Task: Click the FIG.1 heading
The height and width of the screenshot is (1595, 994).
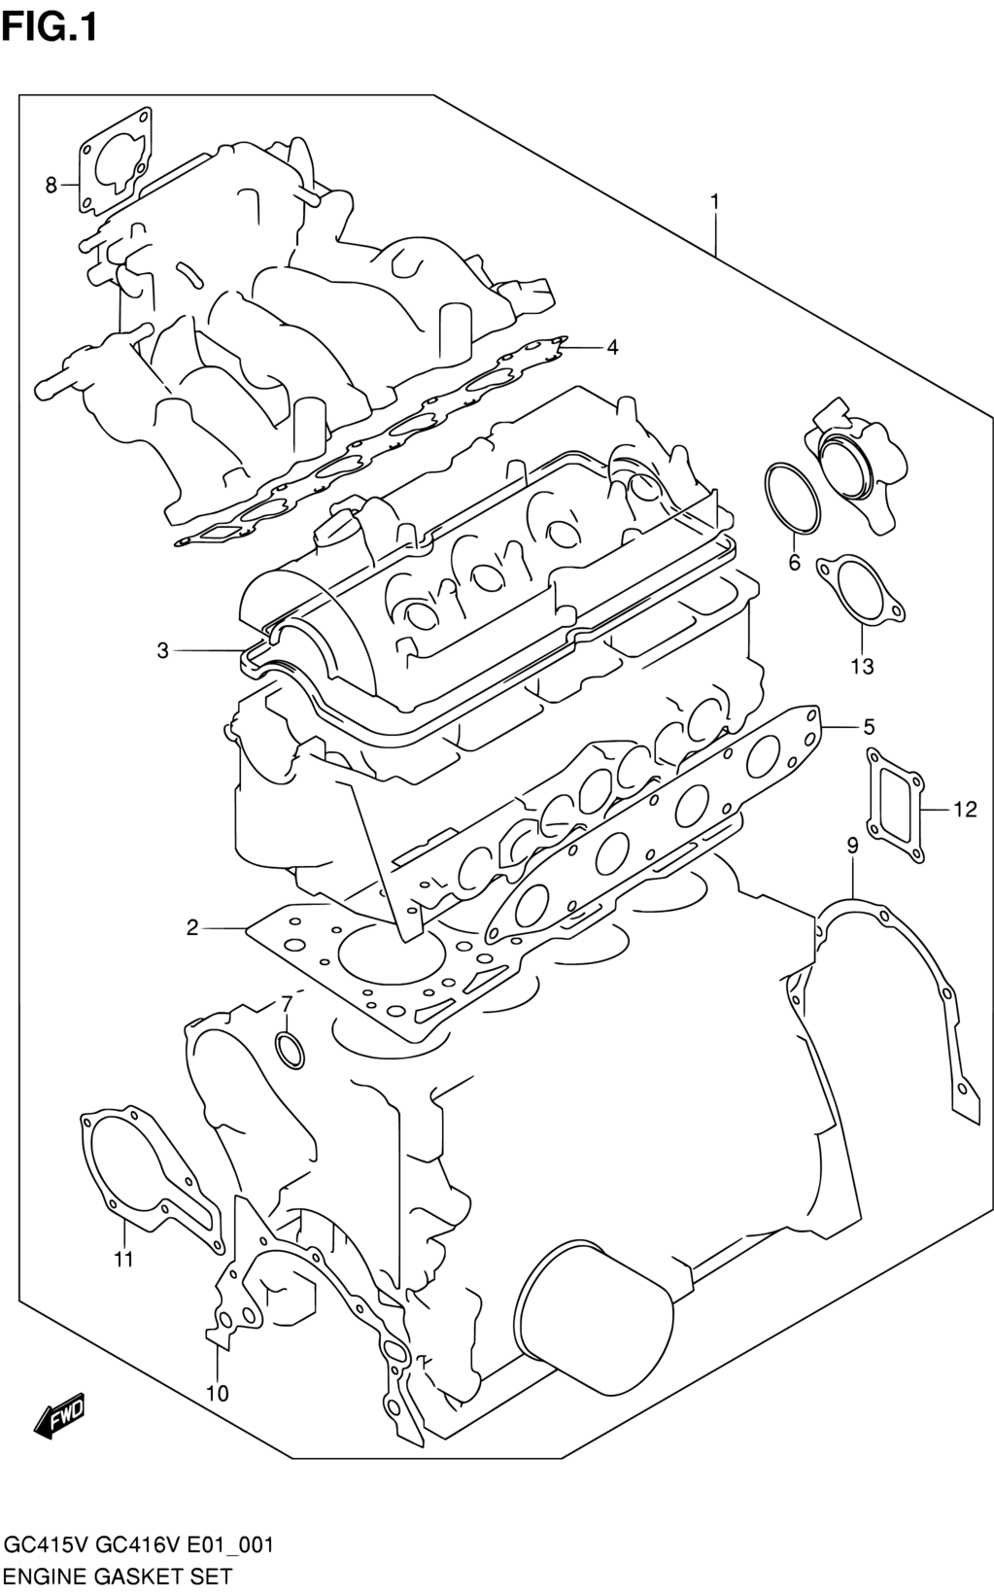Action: tap(49, 28)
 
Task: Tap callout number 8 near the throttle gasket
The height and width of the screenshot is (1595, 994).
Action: tap(51, 186)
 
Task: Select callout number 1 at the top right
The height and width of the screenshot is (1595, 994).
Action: tap(715, 203)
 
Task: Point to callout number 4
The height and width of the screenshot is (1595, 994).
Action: tap(611, 348)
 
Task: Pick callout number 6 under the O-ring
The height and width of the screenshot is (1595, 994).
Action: tap(795, 563)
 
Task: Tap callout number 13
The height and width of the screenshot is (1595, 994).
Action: tap(862, 667)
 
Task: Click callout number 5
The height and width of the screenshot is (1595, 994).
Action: tap(869, 727)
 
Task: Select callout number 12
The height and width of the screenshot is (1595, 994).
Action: tap(965, 810)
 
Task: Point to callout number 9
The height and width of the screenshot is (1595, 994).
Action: tap(852, 846)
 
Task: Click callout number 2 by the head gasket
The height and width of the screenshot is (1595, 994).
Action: tap(192, 928)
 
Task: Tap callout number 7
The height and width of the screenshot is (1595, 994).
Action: tap(287, 1005)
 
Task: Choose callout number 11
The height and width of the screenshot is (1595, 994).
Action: tap(124, 1260)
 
